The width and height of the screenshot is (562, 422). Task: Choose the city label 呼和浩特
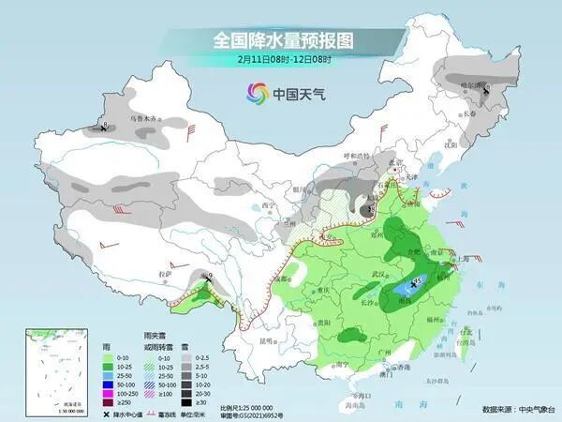coord(354,156)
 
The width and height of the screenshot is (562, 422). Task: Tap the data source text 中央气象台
coord(529,410)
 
